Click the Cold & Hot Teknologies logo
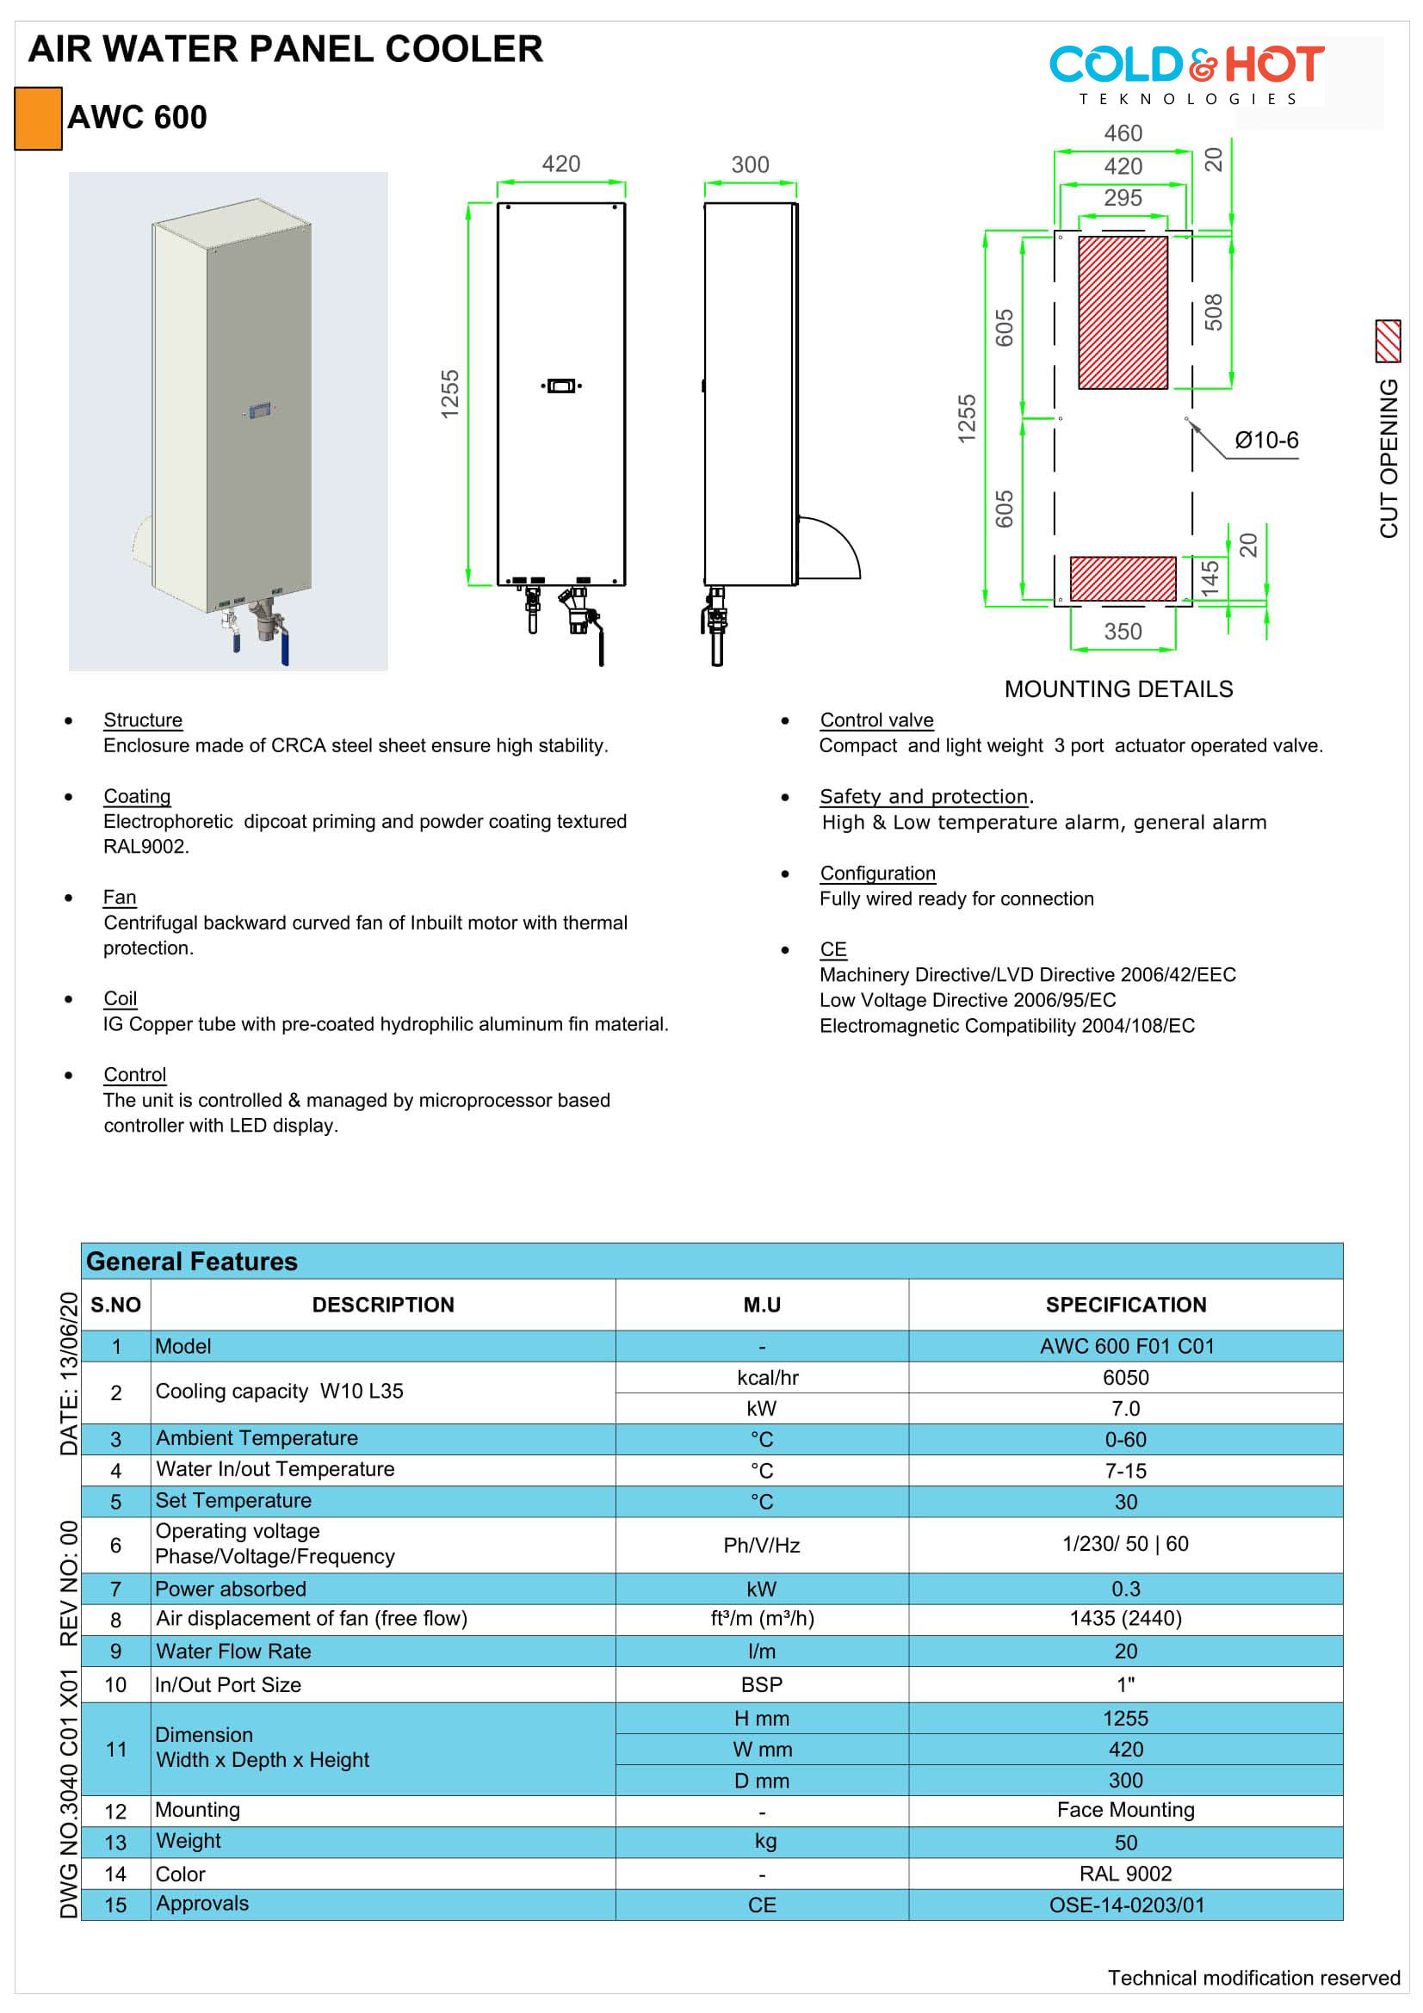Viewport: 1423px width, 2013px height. [1186, 75]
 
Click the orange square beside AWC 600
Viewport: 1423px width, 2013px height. [38, 119]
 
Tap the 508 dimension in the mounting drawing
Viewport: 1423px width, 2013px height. [1213, 312]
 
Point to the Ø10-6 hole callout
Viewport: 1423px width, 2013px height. [1266, 440]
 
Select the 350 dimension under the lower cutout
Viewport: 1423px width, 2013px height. [1123, 631]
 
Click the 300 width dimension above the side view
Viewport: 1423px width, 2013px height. [750, 165]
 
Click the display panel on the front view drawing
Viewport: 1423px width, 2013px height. [561, 386]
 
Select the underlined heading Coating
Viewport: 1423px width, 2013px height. [137, 796]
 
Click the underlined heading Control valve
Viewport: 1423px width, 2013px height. [876, 719]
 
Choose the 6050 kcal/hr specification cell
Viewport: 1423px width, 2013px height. [1125, 1377]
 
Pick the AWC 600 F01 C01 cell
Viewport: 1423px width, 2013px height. [1126, 1346]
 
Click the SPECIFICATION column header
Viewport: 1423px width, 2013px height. [1125, 1305]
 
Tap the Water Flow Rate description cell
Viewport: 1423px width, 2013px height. [233, 1651]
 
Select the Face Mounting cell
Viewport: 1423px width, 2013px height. [1125, 1810]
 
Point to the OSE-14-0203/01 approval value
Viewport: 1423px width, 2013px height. [1126, 1905]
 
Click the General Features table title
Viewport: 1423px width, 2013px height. [192, 1262]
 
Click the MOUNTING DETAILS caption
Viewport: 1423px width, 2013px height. [1118, 689]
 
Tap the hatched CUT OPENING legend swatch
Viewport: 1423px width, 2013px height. [1388, 341]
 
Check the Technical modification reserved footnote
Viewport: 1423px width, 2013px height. [1253, 1977]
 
